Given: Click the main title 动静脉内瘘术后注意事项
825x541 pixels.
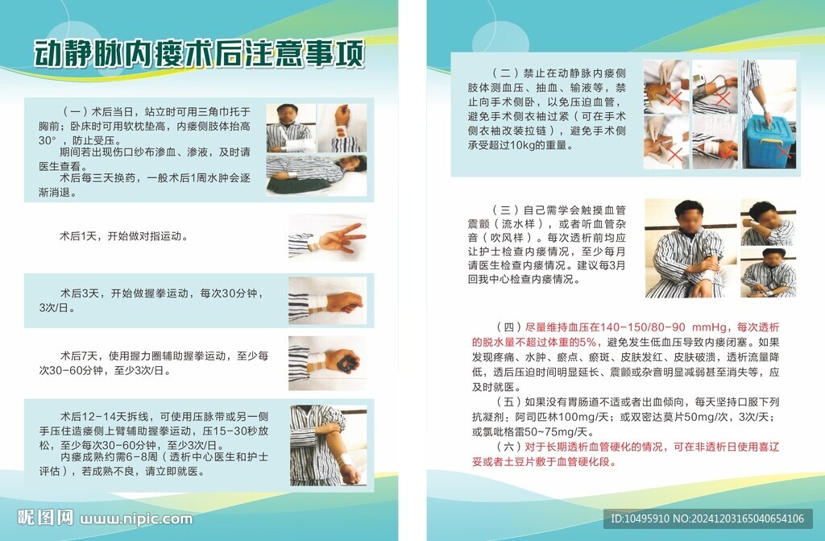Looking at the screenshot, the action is [199, 55].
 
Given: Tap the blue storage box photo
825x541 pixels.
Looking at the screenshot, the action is [769, 114].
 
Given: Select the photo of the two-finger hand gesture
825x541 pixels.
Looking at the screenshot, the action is [327, 238].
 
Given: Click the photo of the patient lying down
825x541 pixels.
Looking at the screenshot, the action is [316, 176].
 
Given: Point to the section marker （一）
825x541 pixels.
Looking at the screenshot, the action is [75, 112].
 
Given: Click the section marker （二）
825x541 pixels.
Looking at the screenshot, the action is [506, 73].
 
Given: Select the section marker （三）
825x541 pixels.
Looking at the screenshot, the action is [506, 210].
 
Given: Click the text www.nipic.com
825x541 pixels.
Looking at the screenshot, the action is [136, 519].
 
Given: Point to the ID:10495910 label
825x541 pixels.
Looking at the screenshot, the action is [640, 519].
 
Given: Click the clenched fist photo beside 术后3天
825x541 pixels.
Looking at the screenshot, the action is [327, 301].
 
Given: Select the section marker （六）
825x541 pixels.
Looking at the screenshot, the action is [510, 447].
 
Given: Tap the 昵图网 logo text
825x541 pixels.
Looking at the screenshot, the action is [45, 518].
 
